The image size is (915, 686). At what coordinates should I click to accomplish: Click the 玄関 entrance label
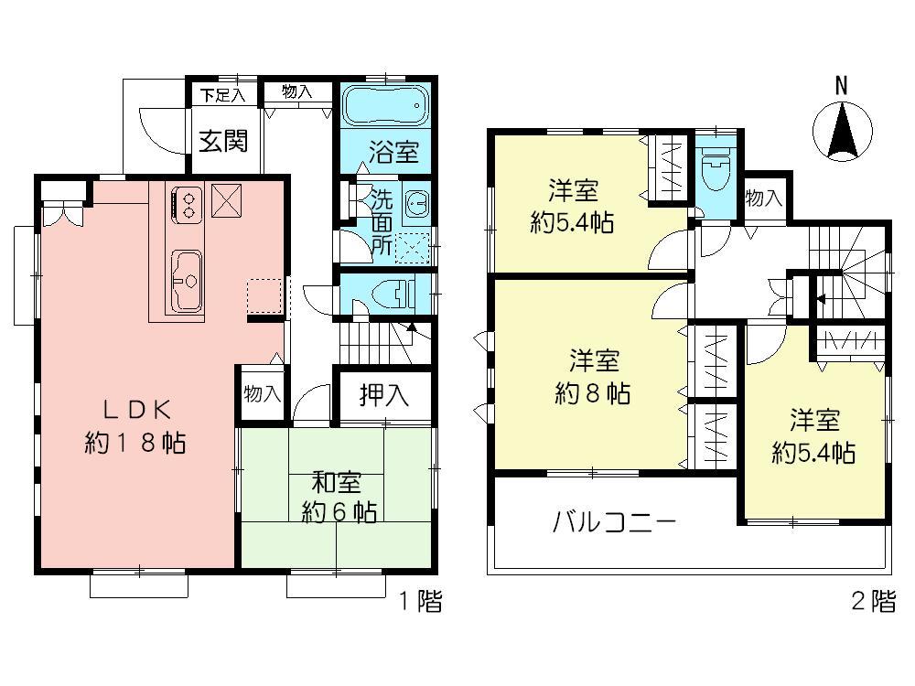click(x=223, y=142)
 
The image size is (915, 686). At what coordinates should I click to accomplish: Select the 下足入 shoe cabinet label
click(x=223, y=92)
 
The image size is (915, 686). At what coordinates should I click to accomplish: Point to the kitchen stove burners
click(x=188, y=203)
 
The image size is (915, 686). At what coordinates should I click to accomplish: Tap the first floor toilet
click(x=396, y=295)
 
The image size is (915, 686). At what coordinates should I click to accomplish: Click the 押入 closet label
click(x=382, y=395)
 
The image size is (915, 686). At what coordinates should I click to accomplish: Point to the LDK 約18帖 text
click(x=135, y=426)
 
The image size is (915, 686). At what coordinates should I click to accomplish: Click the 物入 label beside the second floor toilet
click(x=763, y=198)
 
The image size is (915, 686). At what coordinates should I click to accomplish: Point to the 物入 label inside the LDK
click(x=262, y=394)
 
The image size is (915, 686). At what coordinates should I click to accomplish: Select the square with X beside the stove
click(x=227, y=200)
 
